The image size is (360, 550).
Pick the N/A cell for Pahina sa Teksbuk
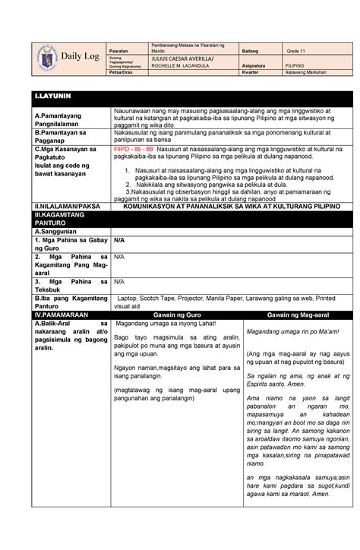tap(118, 281)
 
